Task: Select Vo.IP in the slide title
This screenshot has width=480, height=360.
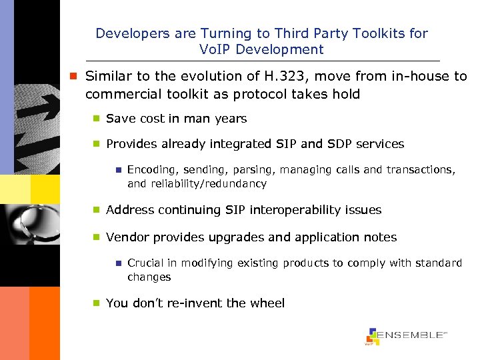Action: tap(215, 49)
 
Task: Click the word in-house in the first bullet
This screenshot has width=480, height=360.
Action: tap(419, 76)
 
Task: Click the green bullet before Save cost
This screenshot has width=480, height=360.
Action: tap(96, 119)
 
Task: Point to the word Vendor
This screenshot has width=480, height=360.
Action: tap(126, 237)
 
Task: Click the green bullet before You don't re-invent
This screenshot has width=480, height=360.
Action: tap(96, 303)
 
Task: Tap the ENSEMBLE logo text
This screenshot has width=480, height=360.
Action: tap(411, 335)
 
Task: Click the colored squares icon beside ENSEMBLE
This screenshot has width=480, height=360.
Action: tap(372, 337)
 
